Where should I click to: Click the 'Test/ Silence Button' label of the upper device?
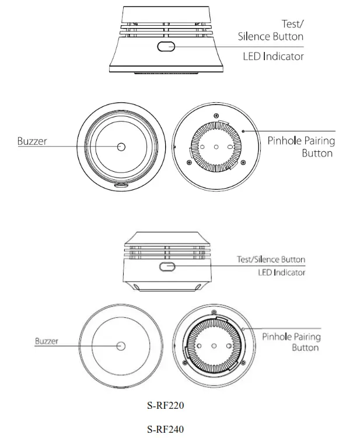click(x=271, y=30)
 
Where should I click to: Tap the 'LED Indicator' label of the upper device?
click(x=273, y=57)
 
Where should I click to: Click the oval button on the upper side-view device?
click(x=165, y=46)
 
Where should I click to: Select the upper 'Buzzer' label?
click(x=33, y=141)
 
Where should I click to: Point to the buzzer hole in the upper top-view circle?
click(x=121, y=147)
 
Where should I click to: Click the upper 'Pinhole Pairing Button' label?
click(x=300, y=147)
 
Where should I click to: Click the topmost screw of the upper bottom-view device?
click(x=216, y=115)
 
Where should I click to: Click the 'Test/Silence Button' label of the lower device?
click(x=271, y=259)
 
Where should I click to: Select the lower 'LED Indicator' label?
click(x=281, y=273)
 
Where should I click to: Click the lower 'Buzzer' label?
click(x=47, y=341)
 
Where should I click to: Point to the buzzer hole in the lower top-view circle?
click(x=121, y=346)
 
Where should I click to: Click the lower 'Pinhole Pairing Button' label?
click(x=291, y=342)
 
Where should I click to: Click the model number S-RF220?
click(x=166, y=404)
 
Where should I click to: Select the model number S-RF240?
click(x=166, y=429)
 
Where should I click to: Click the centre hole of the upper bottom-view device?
click(x=216, y=147)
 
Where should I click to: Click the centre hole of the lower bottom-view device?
click(x=215, y=346)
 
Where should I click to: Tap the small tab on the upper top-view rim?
click(x=121, y=184)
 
